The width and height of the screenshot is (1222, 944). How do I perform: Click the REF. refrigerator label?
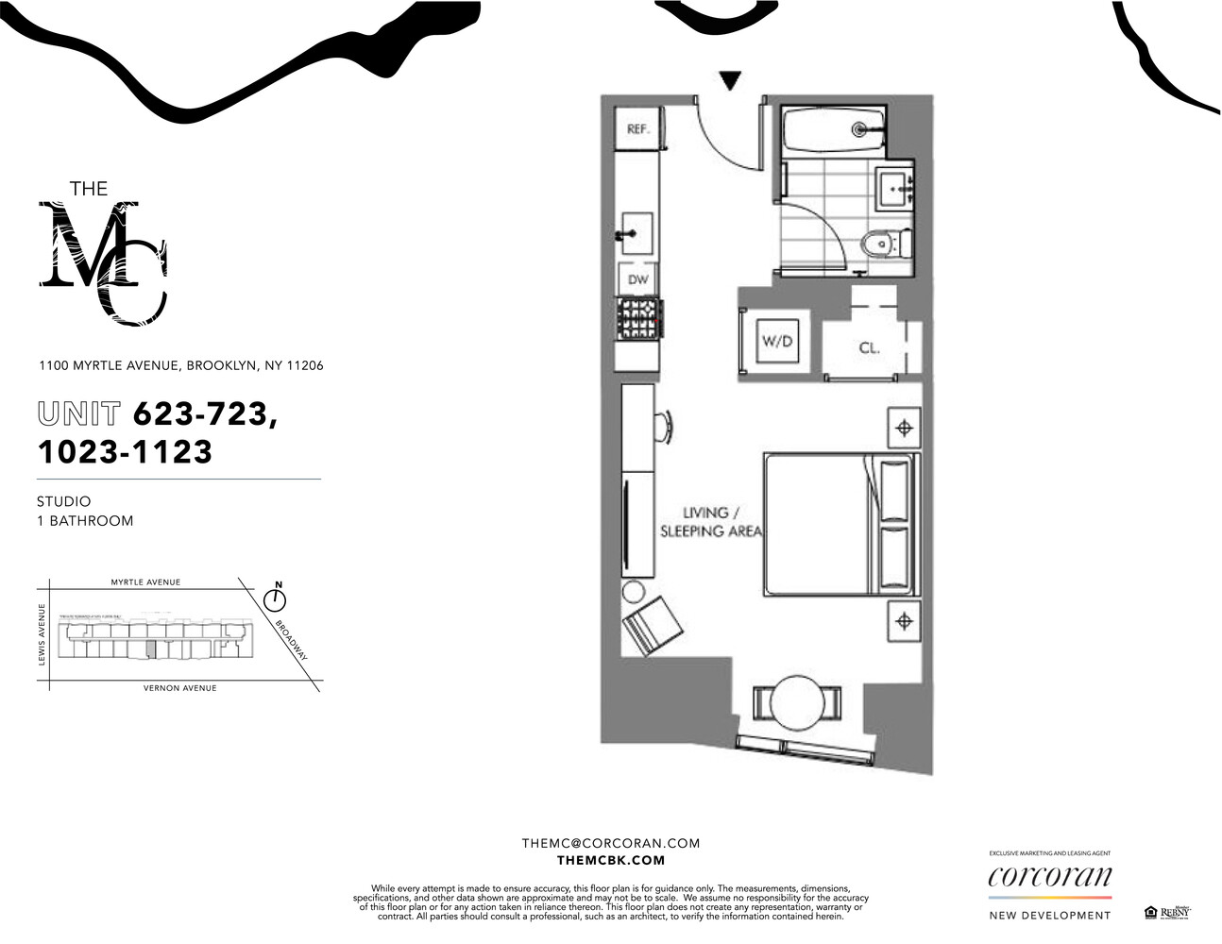click(638, 129)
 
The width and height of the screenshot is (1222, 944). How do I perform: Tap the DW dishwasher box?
click(638, 279)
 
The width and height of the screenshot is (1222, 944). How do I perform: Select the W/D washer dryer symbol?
click(778, 342)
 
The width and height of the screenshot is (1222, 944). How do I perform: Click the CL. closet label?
click(869, 347)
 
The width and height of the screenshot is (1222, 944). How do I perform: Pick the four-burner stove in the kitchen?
click(639, 320)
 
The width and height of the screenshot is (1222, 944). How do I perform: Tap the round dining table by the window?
click(797, 702)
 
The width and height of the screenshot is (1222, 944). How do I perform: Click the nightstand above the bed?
click(904, 429)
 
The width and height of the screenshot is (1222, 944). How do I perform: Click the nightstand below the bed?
click(904, 621)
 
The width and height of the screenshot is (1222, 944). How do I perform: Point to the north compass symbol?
click(276, 598)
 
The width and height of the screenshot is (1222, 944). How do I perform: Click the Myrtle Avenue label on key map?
click(145, 582)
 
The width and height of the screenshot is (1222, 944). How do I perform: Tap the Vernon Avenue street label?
click(179, 688)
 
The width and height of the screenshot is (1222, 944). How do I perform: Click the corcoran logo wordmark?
click(1049, 877)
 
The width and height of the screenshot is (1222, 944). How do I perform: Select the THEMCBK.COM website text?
click(611, 860)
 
